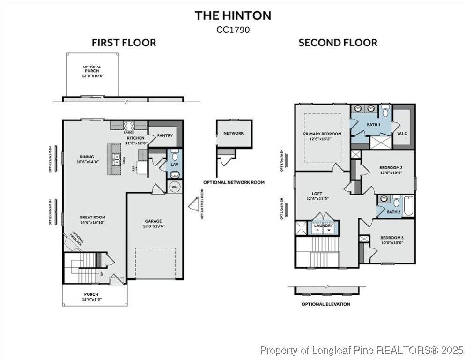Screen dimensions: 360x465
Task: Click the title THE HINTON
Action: click(233, 15)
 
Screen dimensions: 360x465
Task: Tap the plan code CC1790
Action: click(233, 29)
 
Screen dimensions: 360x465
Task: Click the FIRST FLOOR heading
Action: click(124, 43)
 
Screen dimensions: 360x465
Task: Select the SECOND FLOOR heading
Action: click(338, 43)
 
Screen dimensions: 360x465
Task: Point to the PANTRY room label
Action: click(164, 135)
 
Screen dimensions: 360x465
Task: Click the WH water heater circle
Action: click(174, 187)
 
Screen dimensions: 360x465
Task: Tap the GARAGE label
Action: click(153, 221)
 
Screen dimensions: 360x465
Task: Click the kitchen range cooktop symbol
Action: click(129, 125)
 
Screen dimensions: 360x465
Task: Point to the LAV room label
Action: click(174, 165)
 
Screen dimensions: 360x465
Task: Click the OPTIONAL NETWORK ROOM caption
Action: click(234, 182)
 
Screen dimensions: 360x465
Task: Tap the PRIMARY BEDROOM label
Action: click(322, 134)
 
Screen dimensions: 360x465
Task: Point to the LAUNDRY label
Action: click(324, 225)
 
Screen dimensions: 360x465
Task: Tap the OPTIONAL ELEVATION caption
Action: click(325, 304)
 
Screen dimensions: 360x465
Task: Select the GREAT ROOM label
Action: click(92, 217)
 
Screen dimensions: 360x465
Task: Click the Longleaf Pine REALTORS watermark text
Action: click(362, 350)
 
